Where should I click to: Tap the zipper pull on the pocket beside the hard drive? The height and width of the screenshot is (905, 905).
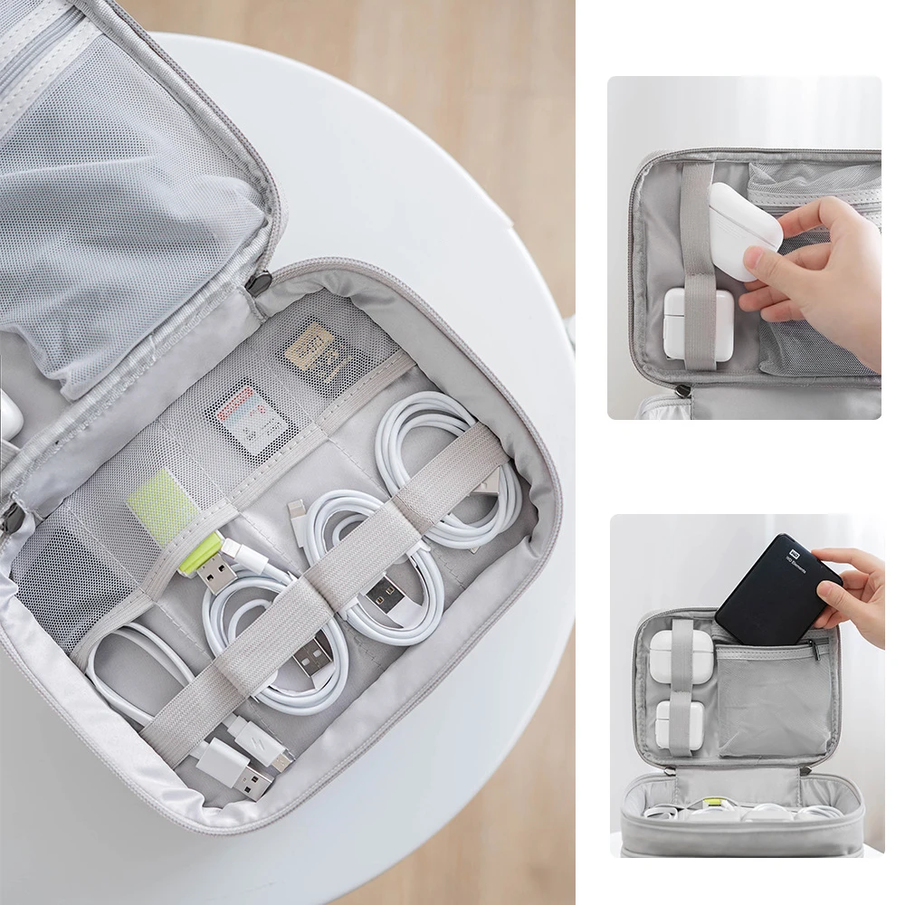(819, 648)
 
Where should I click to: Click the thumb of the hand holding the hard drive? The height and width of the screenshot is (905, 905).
(832, 594)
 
